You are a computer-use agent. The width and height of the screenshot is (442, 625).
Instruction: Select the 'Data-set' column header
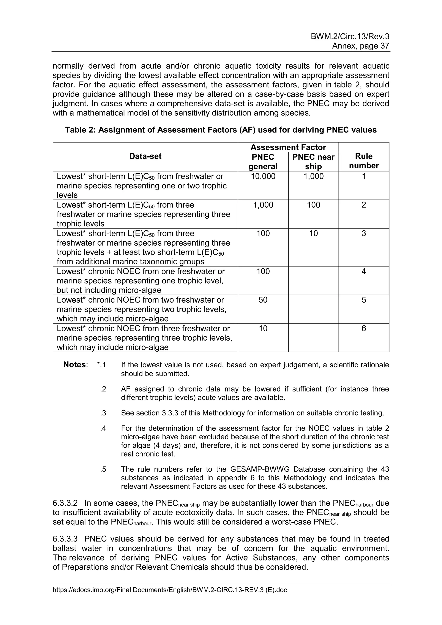(x=145, y=156)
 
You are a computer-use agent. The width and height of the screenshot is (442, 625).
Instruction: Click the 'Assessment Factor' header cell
(x=288, y=147)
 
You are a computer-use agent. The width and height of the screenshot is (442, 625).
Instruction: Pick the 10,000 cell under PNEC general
(x=263, y=176)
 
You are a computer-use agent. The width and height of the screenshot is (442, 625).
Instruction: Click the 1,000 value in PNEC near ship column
(x=313, y=176)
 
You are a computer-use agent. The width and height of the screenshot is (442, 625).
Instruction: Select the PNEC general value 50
(x=263, y=300)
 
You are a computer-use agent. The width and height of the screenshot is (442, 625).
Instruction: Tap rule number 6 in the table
(x=364, y=328)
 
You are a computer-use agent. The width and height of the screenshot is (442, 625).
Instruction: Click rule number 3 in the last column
(x=364, y=234)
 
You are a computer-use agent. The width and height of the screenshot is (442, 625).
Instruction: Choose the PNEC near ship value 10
(x=313, y=234)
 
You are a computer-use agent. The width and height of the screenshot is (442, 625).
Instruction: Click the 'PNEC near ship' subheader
(x=313, y=161)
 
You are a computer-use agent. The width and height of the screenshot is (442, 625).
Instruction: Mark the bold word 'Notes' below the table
(x=75, y=365)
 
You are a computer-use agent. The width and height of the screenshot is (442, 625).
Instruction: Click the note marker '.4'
(x=103, y=428)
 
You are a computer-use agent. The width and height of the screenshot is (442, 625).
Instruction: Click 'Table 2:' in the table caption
(x=80, y=130)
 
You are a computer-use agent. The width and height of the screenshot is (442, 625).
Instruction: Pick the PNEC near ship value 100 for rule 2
(x=313, y=205)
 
